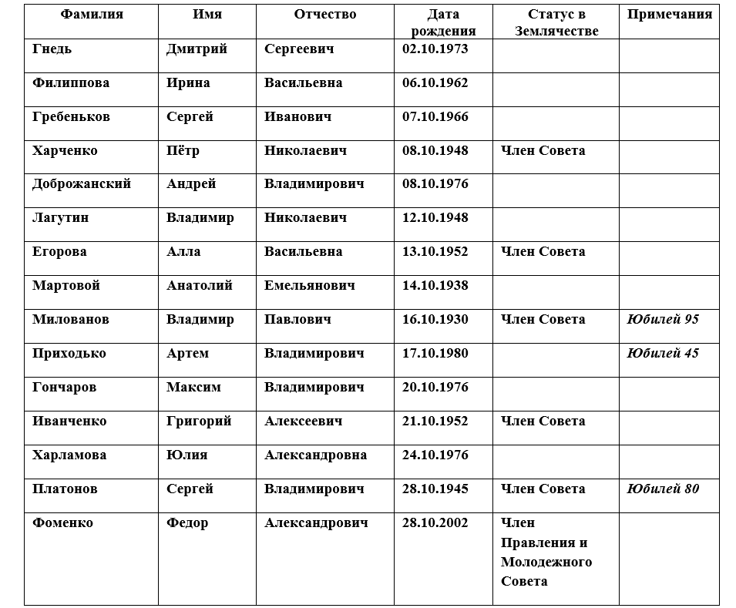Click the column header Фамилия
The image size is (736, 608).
pos(91,15)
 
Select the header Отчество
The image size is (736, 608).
pos(324,15)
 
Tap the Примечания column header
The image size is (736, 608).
pos(669,15)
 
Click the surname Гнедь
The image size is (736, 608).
pos(52,49)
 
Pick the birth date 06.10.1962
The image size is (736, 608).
pos(435,82)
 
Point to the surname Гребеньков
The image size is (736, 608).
pos(71,116)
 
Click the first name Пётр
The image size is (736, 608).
pos(183,150)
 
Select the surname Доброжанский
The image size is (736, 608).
pos(82,184)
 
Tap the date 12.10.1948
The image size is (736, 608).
pos(435,218)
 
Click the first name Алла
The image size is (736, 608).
pos(183,252)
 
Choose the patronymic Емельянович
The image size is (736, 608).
pos(310,286)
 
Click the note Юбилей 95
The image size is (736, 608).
pos(663,319)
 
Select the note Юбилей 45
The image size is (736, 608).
pos(663,353)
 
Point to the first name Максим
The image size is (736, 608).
pos(193,387)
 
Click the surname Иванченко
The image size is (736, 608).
pos(70,421)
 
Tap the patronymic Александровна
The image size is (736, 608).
pos(315,455)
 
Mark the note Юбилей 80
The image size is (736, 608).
pos(663,489)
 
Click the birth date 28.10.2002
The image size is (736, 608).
pos(435,522)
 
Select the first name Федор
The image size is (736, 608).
pos(187,522)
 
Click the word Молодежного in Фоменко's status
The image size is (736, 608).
pos(546,562)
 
